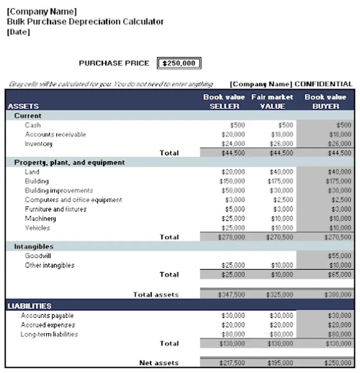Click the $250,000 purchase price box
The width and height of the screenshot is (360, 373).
coord(179,63)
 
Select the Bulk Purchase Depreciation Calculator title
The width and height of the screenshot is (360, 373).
coord(85,22)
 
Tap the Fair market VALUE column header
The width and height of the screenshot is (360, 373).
coord(272,102)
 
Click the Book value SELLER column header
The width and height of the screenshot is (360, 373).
coord(224,102)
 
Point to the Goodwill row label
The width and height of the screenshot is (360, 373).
coord(38,256)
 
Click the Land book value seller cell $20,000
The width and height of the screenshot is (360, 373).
coord(233,172)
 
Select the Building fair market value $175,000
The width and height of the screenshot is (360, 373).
coord(281,181)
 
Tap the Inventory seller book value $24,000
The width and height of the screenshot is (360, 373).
coord(233,144)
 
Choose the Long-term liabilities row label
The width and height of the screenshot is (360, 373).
coord(49,334)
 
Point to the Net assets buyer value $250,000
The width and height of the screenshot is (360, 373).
coord(339,363)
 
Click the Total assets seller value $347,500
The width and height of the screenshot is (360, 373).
coord(231,295)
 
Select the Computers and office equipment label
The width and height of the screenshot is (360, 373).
coord(73,200)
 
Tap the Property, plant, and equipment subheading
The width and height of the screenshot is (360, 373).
coord(69,162)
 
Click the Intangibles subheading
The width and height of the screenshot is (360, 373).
coord(34,247)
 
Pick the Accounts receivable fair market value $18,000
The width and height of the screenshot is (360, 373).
coord(282,134)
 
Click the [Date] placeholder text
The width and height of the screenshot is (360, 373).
coord(19,32)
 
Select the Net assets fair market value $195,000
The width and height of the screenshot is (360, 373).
coord(280,363)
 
